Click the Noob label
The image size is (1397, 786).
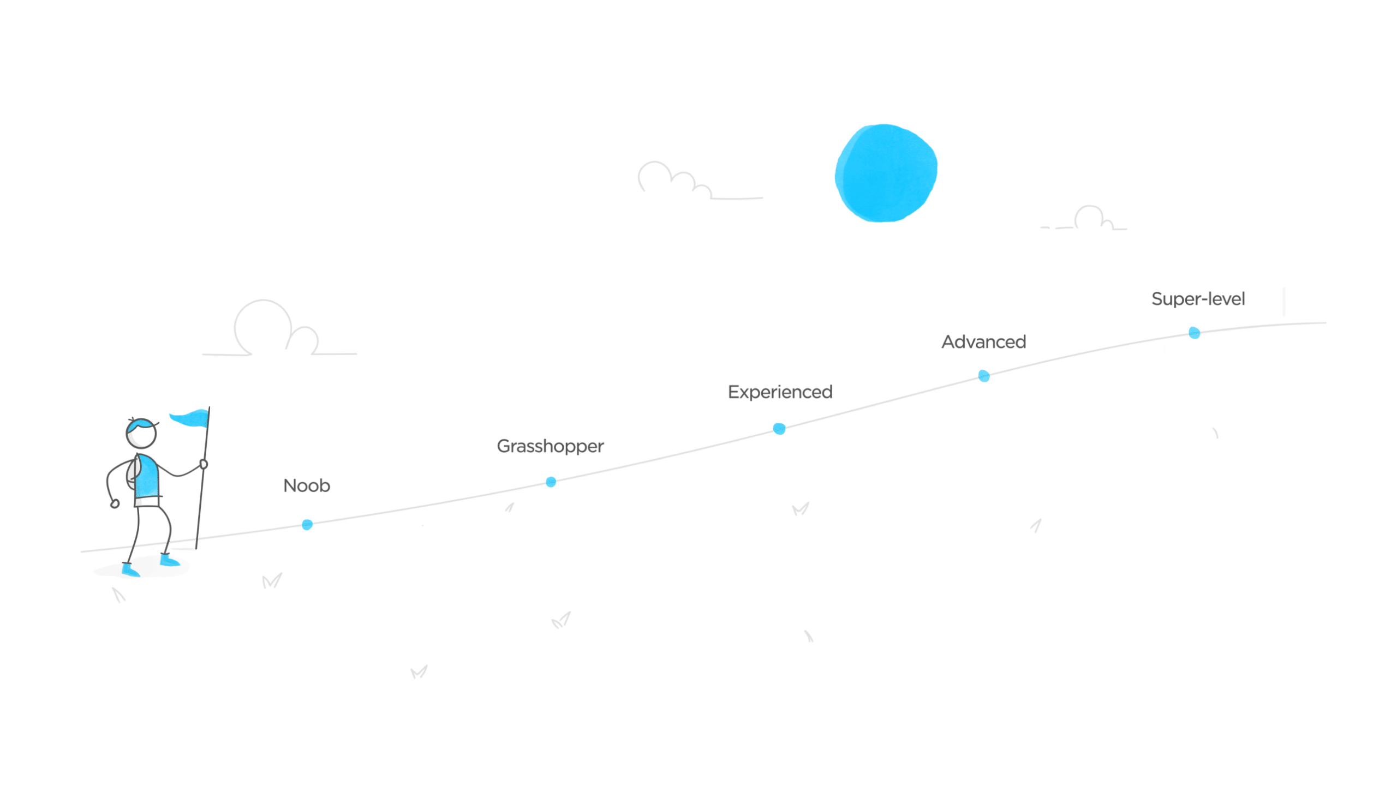[307, 485]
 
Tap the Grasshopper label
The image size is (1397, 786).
[550, 446]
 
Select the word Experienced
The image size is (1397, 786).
[780, 392]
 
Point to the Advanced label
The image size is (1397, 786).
[984, 342]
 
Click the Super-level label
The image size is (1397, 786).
[1198, 299]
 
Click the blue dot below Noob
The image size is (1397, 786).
[307, 525]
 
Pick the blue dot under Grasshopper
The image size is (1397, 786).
[551, 482]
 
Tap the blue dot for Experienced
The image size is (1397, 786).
[779, 429]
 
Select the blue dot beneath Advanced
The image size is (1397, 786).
[983, 376]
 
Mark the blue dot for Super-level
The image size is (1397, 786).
[1194, 333]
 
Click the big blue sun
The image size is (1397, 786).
[886, 173]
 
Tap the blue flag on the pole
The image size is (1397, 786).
[190, 418]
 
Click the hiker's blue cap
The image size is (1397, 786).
[140, 423]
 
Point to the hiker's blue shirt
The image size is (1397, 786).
[147, 476]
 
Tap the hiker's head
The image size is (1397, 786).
[142, 434]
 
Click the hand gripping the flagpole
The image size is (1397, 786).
[204, 465]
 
